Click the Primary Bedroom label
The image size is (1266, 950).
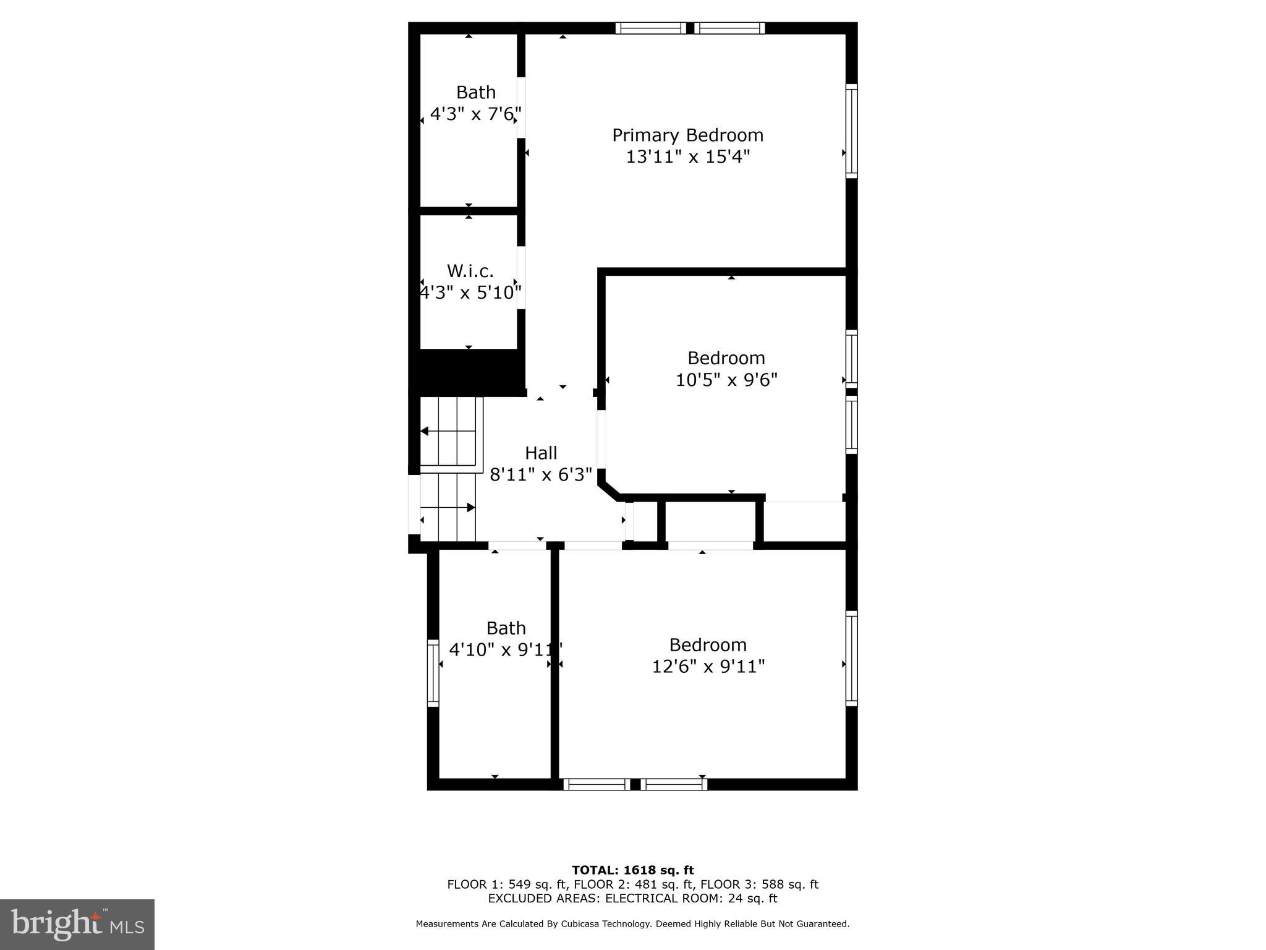point(687,135)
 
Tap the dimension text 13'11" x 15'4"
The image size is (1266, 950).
point(687,156)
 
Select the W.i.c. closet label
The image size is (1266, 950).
point(470,271)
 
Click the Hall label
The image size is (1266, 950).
point(541,453)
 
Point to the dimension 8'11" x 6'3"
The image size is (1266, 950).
point(541,474)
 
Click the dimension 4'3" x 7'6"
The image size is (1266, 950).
point(475,114)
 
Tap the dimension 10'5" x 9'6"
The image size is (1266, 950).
point(726,379)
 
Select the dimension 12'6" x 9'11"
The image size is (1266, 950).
point(708,666)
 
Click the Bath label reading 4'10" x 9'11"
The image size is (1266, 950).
point(506,628)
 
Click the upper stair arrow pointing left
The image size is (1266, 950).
point(425,431)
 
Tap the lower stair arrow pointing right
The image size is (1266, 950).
point(470,507)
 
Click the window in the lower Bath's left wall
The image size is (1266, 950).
point(433,673)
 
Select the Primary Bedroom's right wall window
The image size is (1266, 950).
point(851,131)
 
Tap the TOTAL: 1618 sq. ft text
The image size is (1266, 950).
point(632,870)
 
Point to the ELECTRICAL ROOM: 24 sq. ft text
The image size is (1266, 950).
point(690,898)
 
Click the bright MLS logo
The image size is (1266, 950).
point(77,924)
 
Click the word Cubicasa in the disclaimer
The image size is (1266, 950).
point(582,923)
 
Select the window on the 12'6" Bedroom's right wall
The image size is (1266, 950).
point(851,658)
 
